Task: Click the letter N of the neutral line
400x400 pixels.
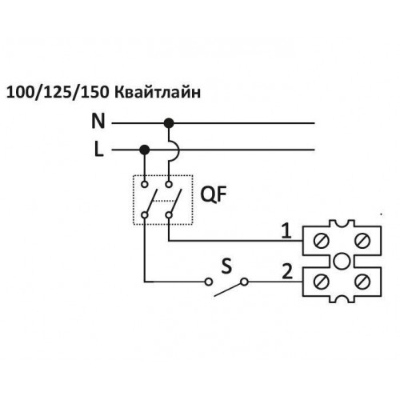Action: (x=98, y=121)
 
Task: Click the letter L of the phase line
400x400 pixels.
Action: (x=99, y=149)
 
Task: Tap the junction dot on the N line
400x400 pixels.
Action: (x=169, y=123)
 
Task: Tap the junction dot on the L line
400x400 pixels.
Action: (x=145, y=150)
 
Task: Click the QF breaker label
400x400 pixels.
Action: (x=213, y=194)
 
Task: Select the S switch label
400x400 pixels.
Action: (x=226, y=266)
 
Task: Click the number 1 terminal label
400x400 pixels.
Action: (x=286, y=230)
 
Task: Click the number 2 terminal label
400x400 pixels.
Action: (x=287, y=271)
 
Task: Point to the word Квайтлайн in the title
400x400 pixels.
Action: (x=158, y=93)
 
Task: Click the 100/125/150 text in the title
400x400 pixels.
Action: (x=58, y=93)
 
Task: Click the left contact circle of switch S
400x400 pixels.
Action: (x=209, y=282)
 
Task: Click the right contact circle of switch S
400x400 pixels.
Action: (x=245, y=282)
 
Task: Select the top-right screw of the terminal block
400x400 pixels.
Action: (x=362, y=240)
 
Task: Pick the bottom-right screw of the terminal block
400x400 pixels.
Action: (x=362, y=282)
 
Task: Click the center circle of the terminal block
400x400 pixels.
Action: (x=342, y=261)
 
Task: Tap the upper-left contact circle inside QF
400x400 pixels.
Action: (x=145, y=184)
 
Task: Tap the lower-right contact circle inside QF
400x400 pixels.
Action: (x=169, y=215)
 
